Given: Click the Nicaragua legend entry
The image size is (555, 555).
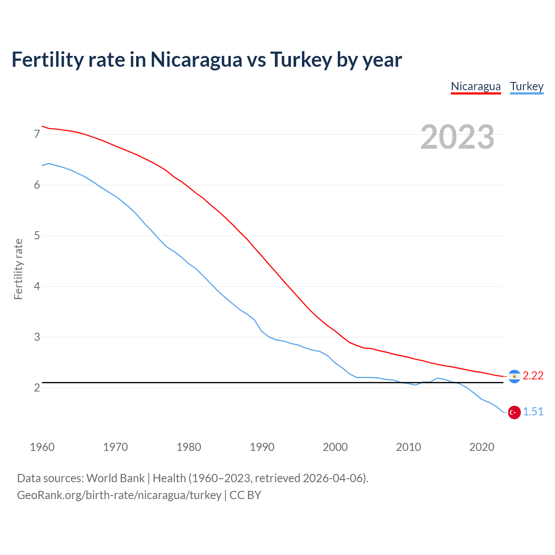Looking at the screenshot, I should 476,86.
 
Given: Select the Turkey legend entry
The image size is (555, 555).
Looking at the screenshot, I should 526,86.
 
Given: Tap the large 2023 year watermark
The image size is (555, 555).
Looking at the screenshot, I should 457,137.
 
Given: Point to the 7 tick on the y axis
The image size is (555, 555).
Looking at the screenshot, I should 37,134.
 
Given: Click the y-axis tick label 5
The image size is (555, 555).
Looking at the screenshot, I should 37,236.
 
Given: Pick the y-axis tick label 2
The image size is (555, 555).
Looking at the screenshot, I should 37,388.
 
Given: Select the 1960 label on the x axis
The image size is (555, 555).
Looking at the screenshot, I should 42,447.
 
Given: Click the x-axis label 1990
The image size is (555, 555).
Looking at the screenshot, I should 262,447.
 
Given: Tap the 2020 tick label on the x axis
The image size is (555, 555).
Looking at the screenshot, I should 482,447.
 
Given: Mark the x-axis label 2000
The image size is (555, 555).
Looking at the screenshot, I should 335,447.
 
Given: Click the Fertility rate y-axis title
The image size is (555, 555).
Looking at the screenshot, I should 18,269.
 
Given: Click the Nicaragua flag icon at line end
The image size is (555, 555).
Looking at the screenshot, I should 514,376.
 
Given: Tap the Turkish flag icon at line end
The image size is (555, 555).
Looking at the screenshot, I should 514,412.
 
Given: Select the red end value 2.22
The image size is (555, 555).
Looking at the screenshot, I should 533,376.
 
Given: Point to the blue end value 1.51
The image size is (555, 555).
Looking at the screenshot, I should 533,412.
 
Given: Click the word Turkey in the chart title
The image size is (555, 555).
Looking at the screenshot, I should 301,59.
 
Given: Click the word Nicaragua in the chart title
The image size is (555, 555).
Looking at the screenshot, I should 196,59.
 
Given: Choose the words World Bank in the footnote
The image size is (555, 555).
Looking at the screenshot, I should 115,478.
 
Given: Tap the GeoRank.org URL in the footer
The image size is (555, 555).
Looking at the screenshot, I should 119,495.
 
